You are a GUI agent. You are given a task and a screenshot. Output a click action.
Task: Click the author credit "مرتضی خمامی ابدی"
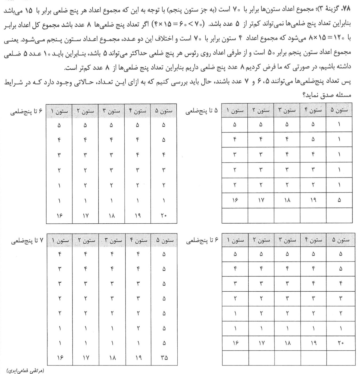tap(29, 371)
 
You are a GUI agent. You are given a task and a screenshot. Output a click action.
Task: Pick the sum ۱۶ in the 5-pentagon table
tap(235, 200)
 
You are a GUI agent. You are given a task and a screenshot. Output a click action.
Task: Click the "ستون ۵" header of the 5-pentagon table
tap(339, 110)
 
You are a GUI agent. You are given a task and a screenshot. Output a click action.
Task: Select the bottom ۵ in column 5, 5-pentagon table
tap(339, 200)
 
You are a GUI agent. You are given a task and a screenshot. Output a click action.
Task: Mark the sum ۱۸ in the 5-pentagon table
tap(287, 200)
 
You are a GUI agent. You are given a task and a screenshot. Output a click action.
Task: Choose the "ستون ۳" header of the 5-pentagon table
tap(287, 110)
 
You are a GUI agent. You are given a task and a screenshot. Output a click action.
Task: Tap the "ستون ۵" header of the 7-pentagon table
tap(164, 240)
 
